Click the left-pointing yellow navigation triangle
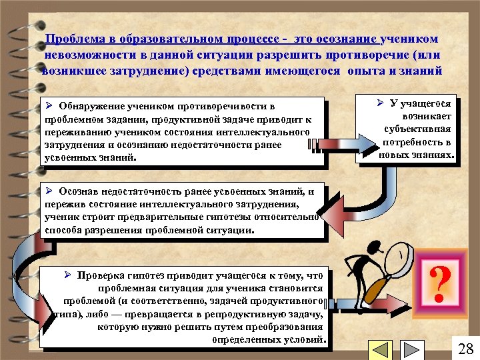pyautogui.click(x=380, y=350)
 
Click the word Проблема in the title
pyautogui.click(x=71, y=41)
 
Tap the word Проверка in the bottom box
pyautogui.click(x=99, y=275)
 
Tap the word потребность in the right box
pyautogui.click(x=417, y=142)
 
